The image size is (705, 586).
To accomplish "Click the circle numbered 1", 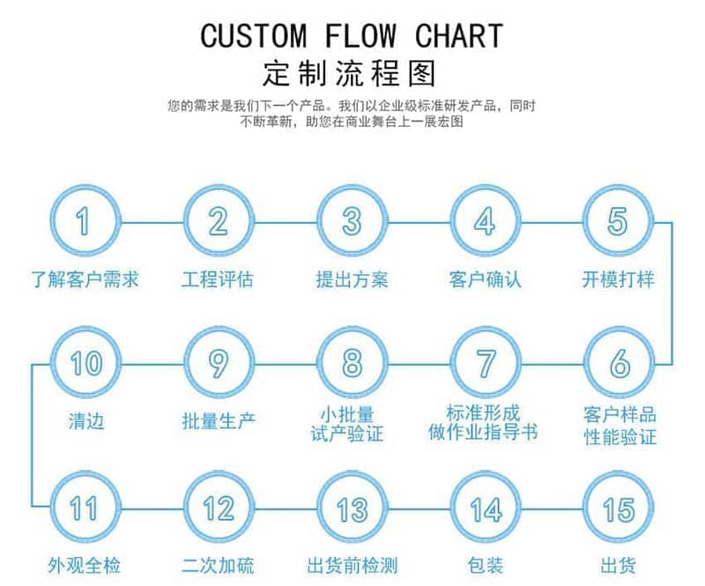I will click(x=84, y=221).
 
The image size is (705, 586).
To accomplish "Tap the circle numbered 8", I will click(x=352, y=362).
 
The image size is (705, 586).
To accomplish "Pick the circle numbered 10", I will click(x=84, y=362).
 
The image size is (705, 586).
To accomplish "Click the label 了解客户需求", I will click(x=85, y=280).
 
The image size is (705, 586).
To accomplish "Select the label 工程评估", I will click(x=218, y=280).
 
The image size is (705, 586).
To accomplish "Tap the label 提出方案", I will click(x=352, y=280).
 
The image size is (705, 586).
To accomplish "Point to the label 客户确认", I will click(x=485, y=280).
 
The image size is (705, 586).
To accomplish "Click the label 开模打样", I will click(x=619, y=280).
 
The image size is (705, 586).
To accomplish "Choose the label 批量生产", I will click(x=218, y=420).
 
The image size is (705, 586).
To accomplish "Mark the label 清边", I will click(x=85, y=420).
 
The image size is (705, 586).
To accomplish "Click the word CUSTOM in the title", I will click(x=254, y=36).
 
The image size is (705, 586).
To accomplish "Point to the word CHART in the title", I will click(x=458, y=36).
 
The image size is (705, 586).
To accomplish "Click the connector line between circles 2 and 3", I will click(x=285, y=221).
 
